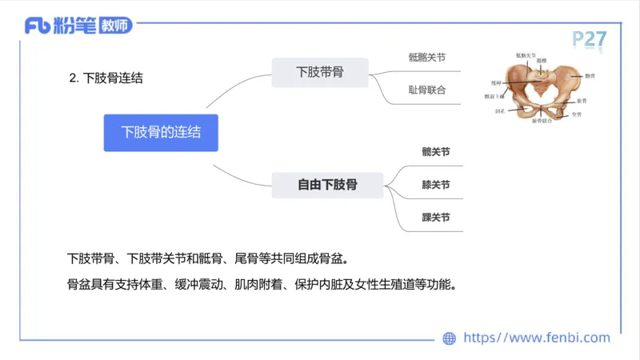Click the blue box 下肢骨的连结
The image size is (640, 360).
coord(161,133)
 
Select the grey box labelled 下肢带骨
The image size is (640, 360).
coord(320,73)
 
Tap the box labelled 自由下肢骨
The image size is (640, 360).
coord(327,185)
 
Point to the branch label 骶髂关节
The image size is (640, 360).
coord(426,57)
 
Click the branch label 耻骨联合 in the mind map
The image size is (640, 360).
coord(426,90)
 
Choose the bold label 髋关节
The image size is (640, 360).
coord(436,151)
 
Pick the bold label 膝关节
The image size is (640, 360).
coord(436,185)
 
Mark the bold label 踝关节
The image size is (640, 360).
coord(436,218)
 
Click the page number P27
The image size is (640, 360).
coord(589,38)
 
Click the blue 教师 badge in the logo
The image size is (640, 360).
coord(114,26)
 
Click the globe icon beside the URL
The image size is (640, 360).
coord(450,338)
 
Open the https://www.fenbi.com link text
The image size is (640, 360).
coord(537,338)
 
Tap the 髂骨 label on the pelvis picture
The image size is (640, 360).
coord(590,75)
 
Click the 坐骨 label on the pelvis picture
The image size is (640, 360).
coord(577,114)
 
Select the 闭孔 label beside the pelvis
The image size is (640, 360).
coord(499,110)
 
